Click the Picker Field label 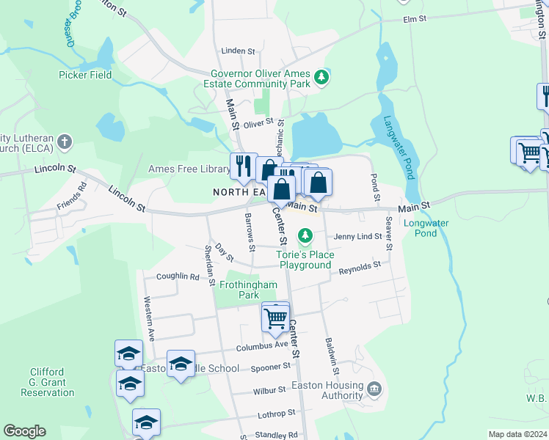(85, 75)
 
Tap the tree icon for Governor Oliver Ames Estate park (321, 76)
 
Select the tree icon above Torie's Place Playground (305, 236)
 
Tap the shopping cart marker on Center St (275, 318)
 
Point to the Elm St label (415, 21)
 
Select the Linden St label (238, 51)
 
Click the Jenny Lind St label (357, 236)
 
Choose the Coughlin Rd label (178, 277)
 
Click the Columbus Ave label (262, 345)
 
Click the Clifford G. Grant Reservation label (47, 382)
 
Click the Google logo (24, 431)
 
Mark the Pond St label (375, 188)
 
